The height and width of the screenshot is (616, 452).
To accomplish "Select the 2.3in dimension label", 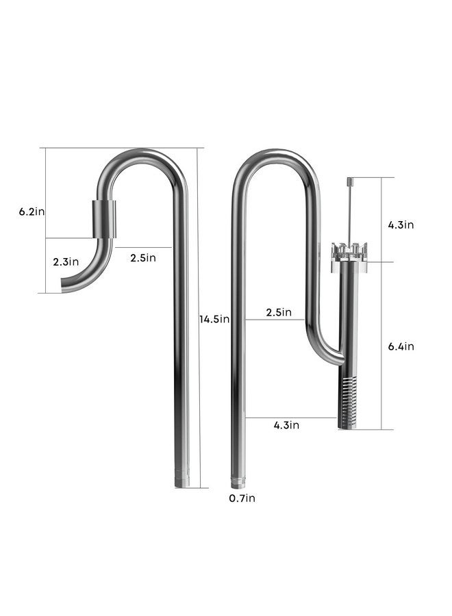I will [66, 261].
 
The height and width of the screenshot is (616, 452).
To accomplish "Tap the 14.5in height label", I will [214, 319].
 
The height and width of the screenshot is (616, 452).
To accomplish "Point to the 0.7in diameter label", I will [242, 498].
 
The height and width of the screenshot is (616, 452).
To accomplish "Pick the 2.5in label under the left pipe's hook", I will [142, 257].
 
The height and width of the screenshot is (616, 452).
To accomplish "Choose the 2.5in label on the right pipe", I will [279, 313].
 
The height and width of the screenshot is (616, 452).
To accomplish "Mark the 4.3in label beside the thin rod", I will [400, 224].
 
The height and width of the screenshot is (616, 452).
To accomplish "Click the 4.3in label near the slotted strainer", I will [287, 425].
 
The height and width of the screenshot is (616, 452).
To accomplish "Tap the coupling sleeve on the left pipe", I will [103, 218].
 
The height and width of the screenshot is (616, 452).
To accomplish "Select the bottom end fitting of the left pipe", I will [182, 480].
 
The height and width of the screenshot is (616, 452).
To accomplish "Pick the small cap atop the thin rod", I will [349, 181].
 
